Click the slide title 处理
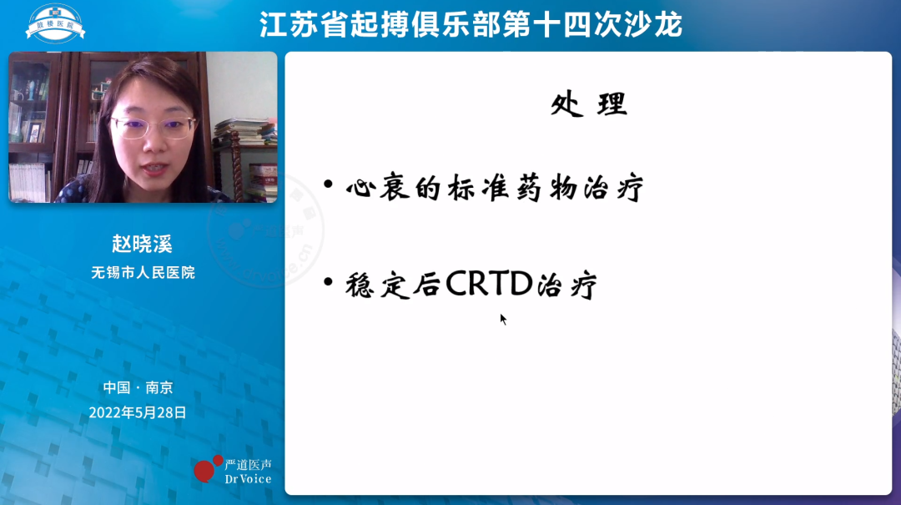pos(588,104)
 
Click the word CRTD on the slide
pos(489,284)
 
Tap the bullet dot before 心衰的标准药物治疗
pos(329,184)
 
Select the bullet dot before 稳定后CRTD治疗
pos(329,281)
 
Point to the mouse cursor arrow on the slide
pos(503,318)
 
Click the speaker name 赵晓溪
pos(142,244)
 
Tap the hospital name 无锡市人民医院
pos(142,272)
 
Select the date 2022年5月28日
pos(138,412)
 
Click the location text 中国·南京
pos(138,387)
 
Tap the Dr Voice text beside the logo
pos(248,478)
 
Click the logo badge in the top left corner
pos(55,23)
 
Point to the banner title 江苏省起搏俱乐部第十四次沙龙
pos(471,24)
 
